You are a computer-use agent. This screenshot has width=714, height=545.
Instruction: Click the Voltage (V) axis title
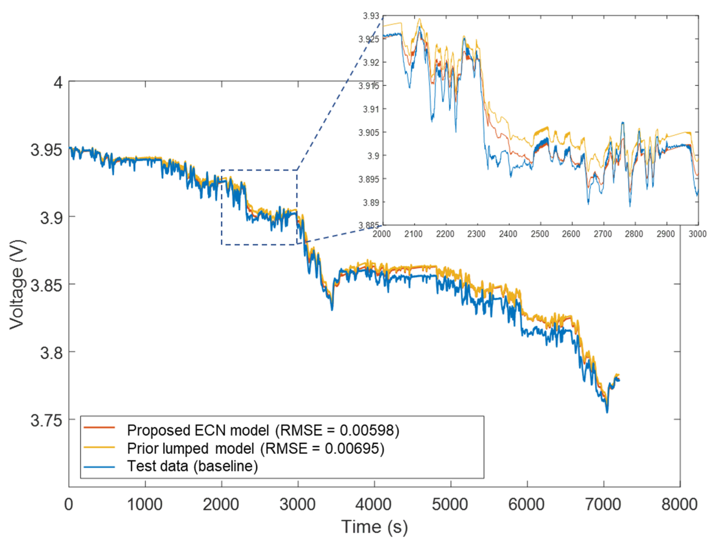click(17, 284)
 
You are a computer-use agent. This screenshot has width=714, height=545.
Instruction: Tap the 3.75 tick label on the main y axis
click(46, 420)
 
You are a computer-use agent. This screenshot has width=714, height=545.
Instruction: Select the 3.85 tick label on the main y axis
click(46, 286)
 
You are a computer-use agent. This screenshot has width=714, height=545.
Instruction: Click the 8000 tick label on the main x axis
click(680, 505)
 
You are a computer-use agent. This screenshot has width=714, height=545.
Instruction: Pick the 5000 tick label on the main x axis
click(450, 505)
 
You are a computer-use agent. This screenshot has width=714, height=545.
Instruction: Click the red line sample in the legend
click(99, 427)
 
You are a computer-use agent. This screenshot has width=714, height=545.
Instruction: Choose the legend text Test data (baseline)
click(193, 466)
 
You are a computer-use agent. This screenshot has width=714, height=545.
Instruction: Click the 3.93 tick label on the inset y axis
click(371, 16)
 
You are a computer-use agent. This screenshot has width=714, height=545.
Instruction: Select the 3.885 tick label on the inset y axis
click(368, 225)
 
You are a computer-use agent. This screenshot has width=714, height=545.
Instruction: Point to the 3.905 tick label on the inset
click(368, 132)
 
